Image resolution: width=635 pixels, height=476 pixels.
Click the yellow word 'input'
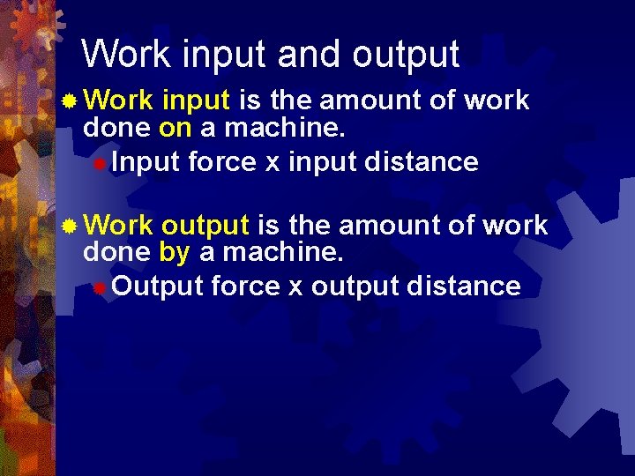[196, 100]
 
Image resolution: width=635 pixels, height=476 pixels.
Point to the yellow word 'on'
[175, 129]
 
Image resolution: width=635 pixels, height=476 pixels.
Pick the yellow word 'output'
[205, 226]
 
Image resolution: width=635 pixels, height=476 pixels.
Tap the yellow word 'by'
[175, 254]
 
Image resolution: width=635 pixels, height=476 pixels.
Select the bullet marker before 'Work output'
[69, 227]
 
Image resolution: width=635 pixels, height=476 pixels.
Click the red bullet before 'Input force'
[101, 163]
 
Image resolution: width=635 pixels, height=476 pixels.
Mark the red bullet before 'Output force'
[101, 287]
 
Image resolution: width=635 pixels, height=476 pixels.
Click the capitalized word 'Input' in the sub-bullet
[146, 163]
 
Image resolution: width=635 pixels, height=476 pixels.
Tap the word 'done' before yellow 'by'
[116, 254]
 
